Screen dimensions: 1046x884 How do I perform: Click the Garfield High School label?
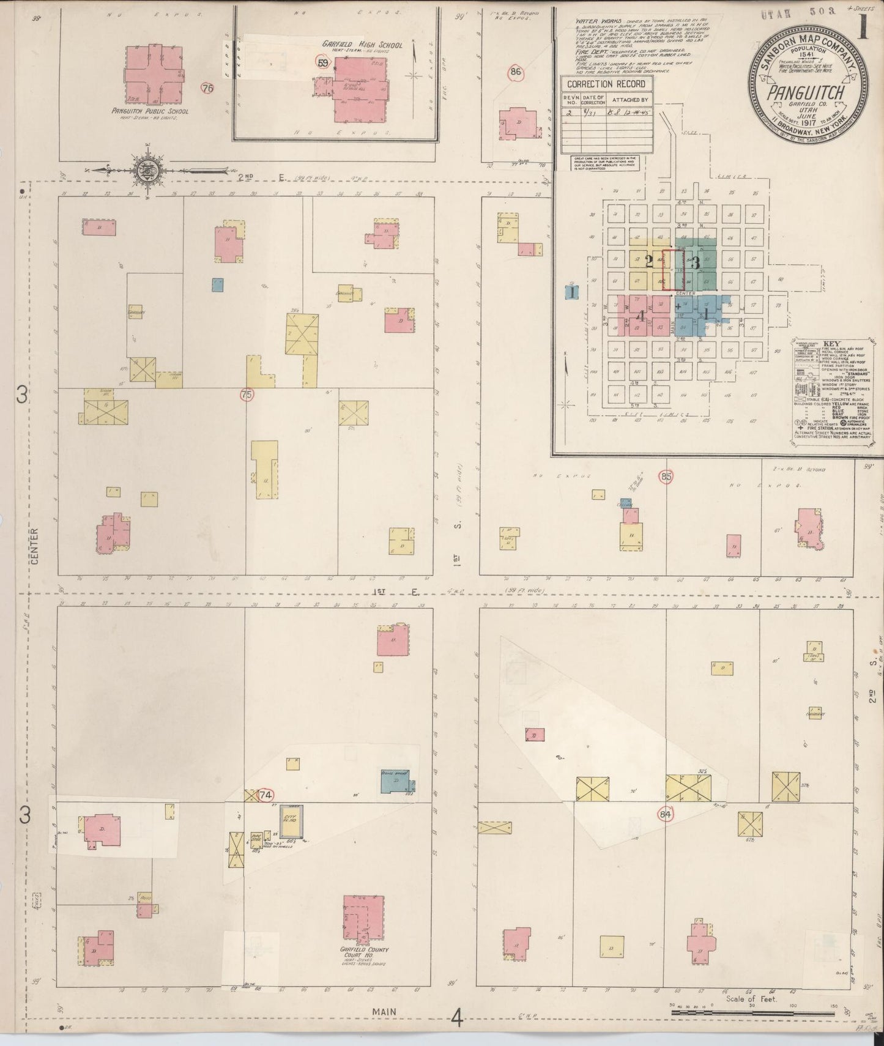point(348,45)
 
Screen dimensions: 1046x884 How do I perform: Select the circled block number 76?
point(207,88)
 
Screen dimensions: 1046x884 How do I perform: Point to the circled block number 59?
point(322,62)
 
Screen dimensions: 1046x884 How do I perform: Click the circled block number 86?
point(516,72)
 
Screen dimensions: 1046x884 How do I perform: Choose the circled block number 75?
point(247,396)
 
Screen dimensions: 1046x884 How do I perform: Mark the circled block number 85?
point(666,476)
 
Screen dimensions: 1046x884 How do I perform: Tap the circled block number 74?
point(265,796)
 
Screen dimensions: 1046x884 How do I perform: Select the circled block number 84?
point(666,814)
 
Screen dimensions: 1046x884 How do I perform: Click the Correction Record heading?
point(597,84)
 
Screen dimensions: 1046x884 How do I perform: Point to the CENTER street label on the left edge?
point(34,546)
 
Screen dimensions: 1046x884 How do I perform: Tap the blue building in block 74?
point(397,782)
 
